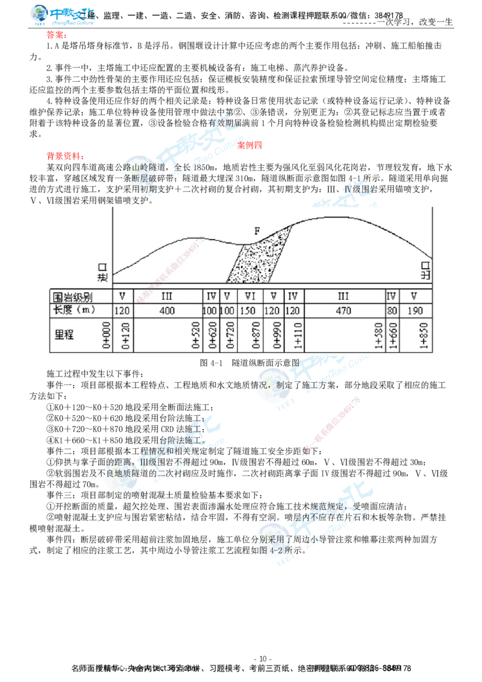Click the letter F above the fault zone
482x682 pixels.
pyautogui.click(x=257, y=231)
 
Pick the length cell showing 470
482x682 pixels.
pyautogui.click(x=345, y=311)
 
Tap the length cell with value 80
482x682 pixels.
pyautogui.click(x=391, y=311)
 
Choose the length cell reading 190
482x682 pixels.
pyautogui.click(x=415, y=311)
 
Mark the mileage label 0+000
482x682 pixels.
pyautogui.click(x=107, y=335)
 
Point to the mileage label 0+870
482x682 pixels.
pyautogui.click(x=258, y=335)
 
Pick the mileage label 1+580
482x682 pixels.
pyautogui.click(x=378, y=335)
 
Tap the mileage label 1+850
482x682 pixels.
pyautogui.click(x=424, y=335)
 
